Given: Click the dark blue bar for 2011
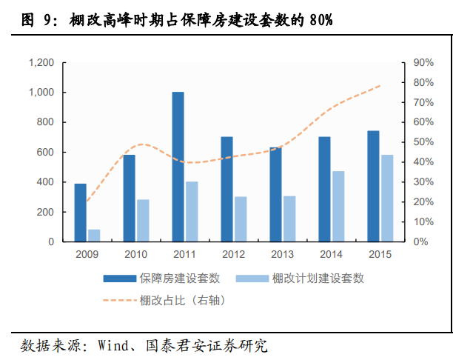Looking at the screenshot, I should coord(178,167).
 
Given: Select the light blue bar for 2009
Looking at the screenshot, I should coord(94,236).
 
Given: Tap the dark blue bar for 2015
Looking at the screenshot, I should coord(373,186).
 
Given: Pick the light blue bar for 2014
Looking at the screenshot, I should coord(338,207).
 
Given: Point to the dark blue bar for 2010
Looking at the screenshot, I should coord(129,198).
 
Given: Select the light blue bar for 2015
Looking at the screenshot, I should coord(386,199).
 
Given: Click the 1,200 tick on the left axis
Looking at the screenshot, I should coord(40,63).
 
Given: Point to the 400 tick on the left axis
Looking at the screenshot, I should coord(44,182).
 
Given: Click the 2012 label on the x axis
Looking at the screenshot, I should coord(233,255).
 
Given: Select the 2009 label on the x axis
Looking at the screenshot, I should coord(87,255).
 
